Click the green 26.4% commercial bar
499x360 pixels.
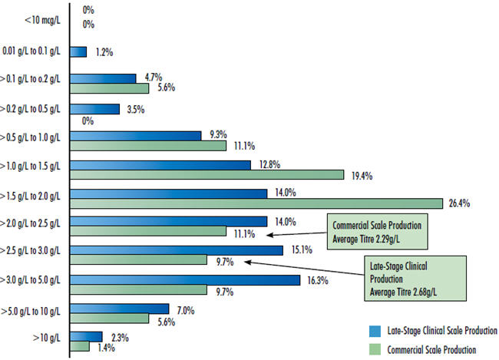click(257, 203)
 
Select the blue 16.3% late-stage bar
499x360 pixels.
click(185, 279)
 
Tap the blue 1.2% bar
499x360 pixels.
click(79, 51)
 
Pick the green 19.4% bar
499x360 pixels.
click(207, 175)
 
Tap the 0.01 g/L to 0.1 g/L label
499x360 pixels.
click(36, 51)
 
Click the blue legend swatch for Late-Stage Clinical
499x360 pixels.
click(375, 331)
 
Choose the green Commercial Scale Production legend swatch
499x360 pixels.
click(375, 349)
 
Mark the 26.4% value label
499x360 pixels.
click(459, 203)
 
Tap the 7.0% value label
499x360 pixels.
click(186, 310)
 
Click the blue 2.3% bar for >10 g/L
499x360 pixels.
click(87, 336)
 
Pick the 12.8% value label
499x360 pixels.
click(269, 164)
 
